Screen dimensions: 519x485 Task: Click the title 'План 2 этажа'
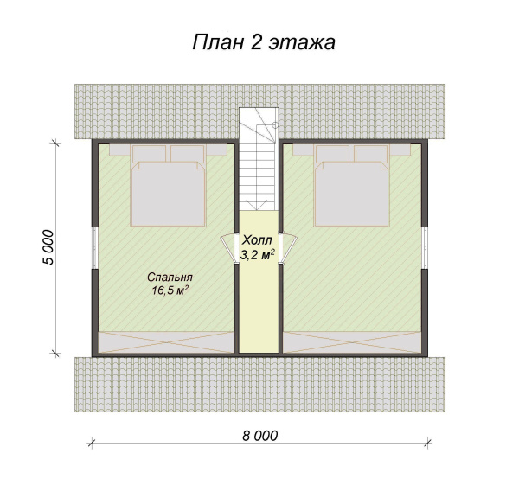(x=264, y=42)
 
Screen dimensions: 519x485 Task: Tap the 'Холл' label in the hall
(x=257, y=239)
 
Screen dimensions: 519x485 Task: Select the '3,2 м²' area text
(x=257, y=255)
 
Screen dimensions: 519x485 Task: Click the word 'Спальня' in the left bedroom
(x=170, y=277)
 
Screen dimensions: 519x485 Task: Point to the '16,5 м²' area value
(x=170, y=290)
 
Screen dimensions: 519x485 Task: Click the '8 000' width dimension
(x=259, y=436)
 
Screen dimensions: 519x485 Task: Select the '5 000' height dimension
(x=48, y=247)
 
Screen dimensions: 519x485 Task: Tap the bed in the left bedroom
(x=168, y=185)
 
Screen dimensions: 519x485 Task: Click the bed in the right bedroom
(x=351, y=185)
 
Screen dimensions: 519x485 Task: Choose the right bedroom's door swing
(x=287, y=248)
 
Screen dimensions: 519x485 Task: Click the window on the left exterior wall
(x=94, y=247)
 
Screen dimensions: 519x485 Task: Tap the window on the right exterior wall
(x=425, y=247)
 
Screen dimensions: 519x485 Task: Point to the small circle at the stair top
(x=275, y=124)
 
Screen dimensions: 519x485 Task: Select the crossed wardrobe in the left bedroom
(x=166, y=341)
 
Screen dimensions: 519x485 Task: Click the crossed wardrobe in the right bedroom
(x=352, y=341)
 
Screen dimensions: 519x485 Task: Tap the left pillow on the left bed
(x=149, y=154)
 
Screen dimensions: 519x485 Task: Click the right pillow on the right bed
(x=371, y=154)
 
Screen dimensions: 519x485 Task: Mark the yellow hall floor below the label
(x=259, y=308)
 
